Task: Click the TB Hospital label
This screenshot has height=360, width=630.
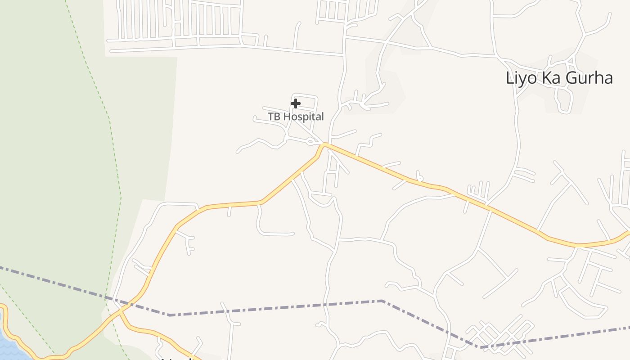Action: pyautogui.click(x=296, y=117)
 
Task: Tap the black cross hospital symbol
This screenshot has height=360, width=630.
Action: pyautogui.click(x=295, y=104)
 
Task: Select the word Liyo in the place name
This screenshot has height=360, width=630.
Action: pyautogui.click(x=520, y=78)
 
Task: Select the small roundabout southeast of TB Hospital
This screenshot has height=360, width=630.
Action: pyautogui.click(x=310, y=142)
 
